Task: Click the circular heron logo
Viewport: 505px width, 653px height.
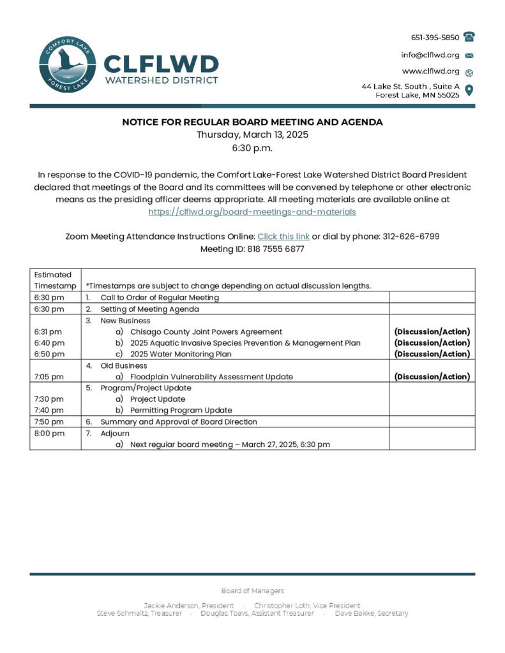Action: click(x=66, y=64)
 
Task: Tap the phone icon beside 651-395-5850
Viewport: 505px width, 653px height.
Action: click(x=469, y=37)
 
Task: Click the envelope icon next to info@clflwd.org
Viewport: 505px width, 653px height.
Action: click(x=469, y=55)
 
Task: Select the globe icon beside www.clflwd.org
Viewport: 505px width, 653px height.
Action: click(x=469, y=72)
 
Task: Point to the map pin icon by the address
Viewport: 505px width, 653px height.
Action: click(x=469, y=90)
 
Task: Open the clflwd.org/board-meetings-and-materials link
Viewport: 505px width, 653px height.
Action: click(x=252, y=212)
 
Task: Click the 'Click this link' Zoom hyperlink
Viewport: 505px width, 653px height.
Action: click(x=283, y=237)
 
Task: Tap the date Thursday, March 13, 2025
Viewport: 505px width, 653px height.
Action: click(x=252, y=135)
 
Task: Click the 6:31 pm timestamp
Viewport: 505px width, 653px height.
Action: click(x=49, y=332)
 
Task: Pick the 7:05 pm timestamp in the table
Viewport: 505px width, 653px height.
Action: click(x=49, y=377)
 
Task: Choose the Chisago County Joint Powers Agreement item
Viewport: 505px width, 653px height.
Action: click(x=206, y=332)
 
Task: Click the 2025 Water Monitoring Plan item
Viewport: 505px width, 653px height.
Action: click(x=181, y=354)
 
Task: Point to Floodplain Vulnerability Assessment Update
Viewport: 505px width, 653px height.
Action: click(x=211, y=377)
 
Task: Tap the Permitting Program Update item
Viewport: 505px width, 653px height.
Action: click(x=181, y=410)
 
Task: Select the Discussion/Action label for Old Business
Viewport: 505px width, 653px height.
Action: click(x=432, y=377)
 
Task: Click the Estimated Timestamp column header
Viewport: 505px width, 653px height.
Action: click(x=55, y=280)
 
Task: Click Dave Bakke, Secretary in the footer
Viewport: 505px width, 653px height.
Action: click(x=372, y=613)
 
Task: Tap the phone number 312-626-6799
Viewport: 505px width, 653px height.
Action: click(x=411, y=237)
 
